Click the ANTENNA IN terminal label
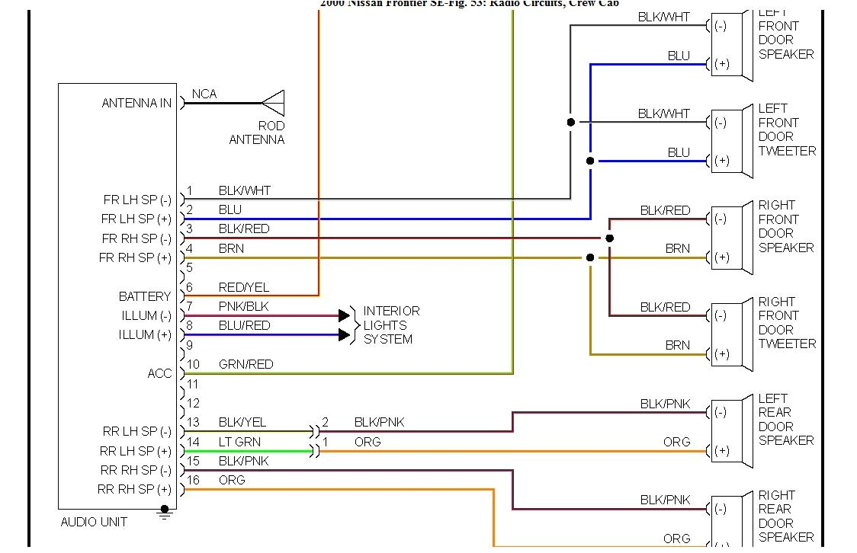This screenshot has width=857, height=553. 136,103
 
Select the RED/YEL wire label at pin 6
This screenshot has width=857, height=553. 244,287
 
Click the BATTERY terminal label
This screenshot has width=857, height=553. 145,296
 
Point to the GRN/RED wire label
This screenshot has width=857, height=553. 246,364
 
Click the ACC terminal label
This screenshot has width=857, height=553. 159,373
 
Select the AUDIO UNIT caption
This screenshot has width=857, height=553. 94,523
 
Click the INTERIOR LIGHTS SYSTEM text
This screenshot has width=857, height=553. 391,325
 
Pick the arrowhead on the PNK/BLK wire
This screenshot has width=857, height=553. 344,315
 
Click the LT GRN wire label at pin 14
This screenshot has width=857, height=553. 239,442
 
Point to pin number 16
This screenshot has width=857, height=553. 194,480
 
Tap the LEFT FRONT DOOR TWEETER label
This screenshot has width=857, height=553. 786,129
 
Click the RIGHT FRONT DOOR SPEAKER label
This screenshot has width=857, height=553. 785,226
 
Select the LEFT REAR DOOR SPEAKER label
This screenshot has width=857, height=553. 785,420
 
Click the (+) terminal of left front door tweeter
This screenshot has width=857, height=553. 721,161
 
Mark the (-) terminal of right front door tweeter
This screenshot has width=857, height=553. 721,315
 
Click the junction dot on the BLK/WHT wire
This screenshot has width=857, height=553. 570,122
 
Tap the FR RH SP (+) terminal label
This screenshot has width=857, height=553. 136,258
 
